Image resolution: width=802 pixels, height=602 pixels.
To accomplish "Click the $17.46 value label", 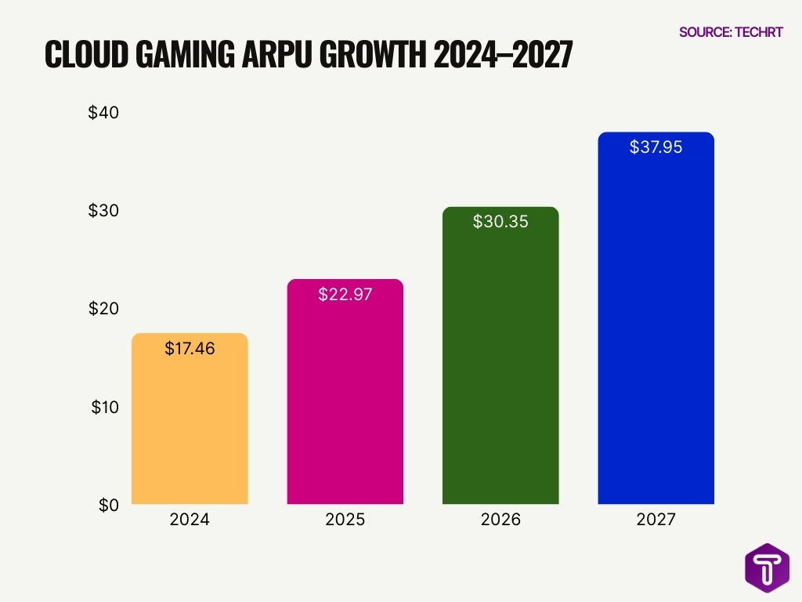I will [x=190, y=349].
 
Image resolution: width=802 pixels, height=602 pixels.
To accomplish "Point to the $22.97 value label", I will [x=345, y=295].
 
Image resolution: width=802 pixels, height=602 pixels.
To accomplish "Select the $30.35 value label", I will [x=500, y=222].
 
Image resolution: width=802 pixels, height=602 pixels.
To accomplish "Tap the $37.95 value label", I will [x=656, y=147].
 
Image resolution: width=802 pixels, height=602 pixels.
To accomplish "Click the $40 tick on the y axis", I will [x=103, y=112].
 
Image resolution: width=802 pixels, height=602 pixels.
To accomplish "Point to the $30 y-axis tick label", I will [x=103, y=210].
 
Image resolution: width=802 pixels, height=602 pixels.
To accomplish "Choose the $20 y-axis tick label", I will [x=103, y=309].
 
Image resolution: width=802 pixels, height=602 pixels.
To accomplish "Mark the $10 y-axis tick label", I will [x=105, y=407].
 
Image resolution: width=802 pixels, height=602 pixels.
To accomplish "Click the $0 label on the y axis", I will [x=108, y=506].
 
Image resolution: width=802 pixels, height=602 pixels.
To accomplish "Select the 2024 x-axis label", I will [x=190, y=520].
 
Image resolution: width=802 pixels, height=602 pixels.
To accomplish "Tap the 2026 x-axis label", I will [x=500, y=520].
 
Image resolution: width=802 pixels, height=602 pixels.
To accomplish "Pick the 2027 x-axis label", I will [x=656, y=520].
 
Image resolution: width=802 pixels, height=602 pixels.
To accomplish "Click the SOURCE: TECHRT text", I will [x=730, y=32].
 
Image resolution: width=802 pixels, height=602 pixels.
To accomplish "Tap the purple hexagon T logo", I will [x=767, y=567].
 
